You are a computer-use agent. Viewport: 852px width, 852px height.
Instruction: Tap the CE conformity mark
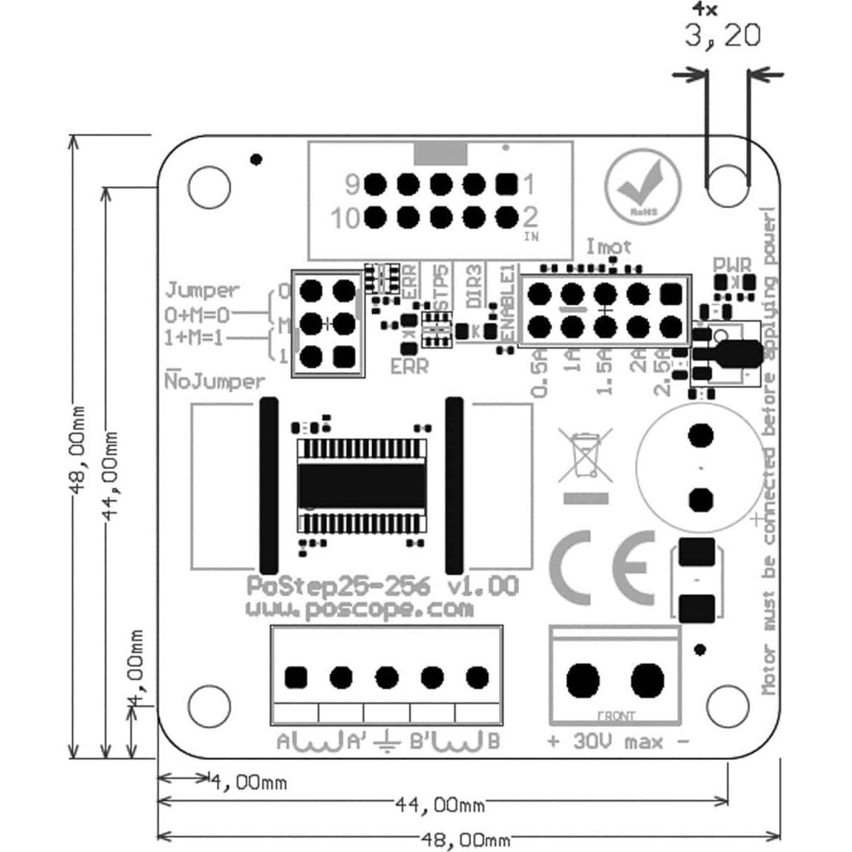coord(603,568)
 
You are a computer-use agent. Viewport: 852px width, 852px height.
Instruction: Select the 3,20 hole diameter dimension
coord(722,35)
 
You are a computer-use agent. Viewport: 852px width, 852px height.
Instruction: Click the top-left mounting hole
coord(208,187)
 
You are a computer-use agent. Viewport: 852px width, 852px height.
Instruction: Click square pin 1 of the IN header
coord(507,185)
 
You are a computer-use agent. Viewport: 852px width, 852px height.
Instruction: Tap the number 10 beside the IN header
coord(345,218)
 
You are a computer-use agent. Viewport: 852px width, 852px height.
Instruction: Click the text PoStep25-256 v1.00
coord(383,586)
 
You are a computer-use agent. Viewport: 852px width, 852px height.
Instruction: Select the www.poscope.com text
coord(360,609)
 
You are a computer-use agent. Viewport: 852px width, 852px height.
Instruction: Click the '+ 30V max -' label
coord(618,741)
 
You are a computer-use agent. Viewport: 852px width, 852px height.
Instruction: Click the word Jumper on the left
coord(202,290)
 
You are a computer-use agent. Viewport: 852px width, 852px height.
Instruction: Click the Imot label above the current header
coord(608,247)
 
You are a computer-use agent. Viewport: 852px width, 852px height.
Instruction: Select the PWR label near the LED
coord(732,265)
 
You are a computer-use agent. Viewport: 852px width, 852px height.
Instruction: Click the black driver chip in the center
coord(362,485)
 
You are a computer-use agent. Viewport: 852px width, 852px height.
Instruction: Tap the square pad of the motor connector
coord(296,678)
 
